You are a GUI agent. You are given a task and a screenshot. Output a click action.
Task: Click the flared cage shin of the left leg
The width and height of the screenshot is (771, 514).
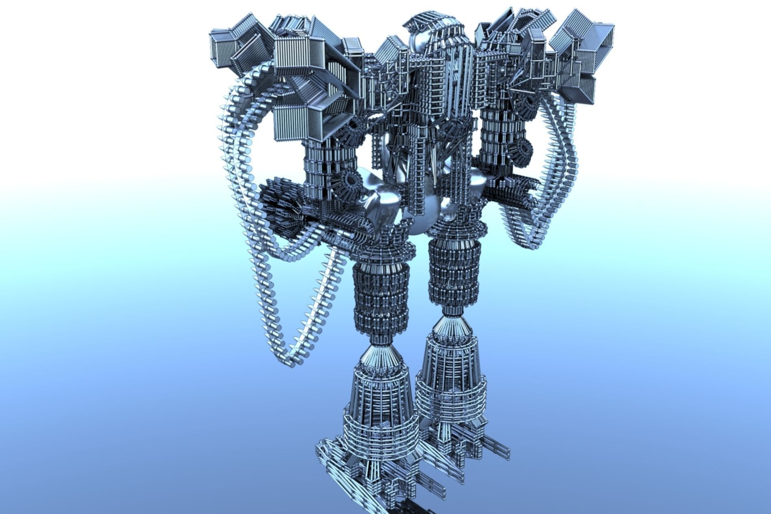coord(379,410)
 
